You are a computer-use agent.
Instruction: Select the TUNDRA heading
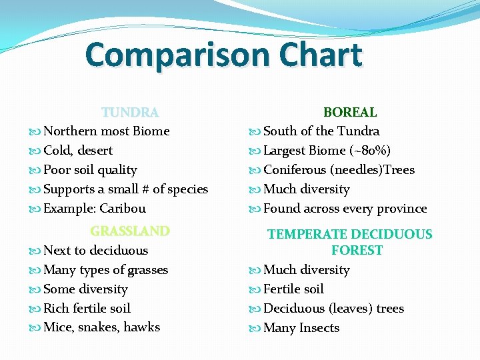click(130, 112)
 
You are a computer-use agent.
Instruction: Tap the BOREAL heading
click(350, 112)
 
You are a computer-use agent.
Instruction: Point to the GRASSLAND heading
click(130, 231)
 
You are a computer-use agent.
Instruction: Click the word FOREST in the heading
click(357, 251)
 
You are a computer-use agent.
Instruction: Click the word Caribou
click(123, 209)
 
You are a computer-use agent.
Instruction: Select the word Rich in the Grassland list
click(57, 308)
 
